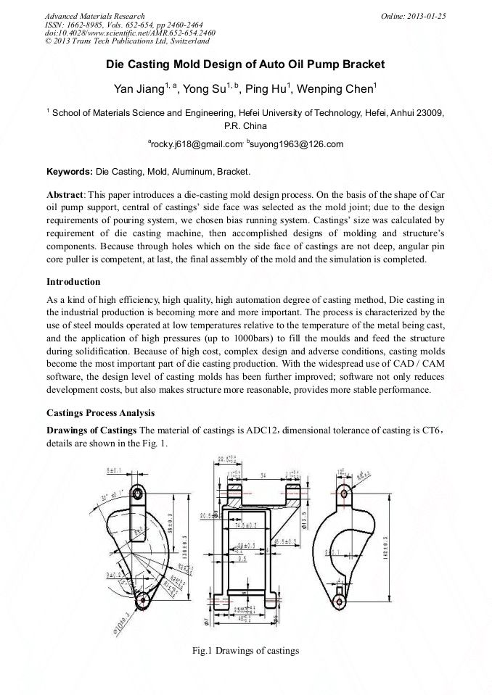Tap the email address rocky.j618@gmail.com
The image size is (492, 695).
click(195, 144)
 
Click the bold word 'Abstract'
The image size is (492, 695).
click(65, 196)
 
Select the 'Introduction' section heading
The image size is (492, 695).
click(73, 281)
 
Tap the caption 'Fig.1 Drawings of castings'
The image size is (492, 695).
click(245, 651)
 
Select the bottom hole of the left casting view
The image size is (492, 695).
click(142, 600)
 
